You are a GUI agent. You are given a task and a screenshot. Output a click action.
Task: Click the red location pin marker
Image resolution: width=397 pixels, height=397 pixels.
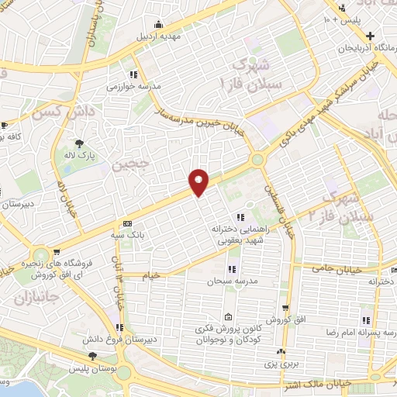coord(199,181)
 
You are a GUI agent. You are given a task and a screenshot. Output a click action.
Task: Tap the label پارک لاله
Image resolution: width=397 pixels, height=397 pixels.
coord(78,154)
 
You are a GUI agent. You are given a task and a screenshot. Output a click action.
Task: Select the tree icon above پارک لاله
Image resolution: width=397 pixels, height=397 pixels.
coord(79,143)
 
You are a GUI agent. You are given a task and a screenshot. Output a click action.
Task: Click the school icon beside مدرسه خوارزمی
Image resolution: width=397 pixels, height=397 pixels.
coord(134,75)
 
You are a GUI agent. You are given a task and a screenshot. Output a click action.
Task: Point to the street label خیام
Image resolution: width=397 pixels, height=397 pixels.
coord(150,275)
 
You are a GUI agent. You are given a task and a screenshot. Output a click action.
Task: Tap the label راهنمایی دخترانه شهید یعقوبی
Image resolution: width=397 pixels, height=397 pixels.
coord(241,234)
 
